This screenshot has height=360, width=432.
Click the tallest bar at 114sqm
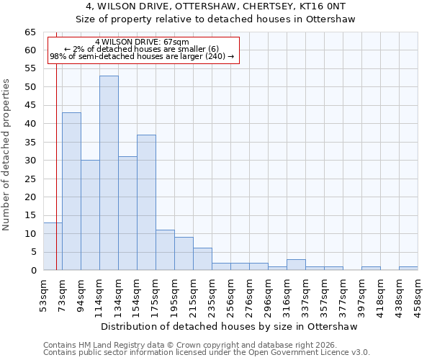(x=109, y=173)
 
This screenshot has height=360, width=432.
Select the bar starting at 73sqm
(x=71, y=191)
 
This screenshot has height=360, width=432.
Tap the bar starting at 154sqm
(x=146, y=202)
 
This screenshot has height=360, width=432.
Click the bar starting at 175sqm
(x=165, y=250)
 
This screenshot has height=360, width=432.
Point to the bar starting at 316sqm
(x=296, y=264)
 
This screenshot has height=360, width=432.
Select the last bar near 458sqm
(x=408, y=269)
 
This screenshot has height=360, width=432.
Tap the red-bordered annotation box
(x=143, y=50)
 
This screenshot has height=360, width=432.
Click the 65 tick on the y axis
(x=30, y=32)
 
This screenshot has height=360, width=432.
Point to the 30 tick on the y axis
(x=30, y=161)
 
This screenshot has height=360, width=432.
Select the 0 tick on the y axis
(x=33, y=271)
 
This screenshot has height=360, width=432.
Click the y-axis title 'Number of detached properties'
(x=7, y=155)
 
